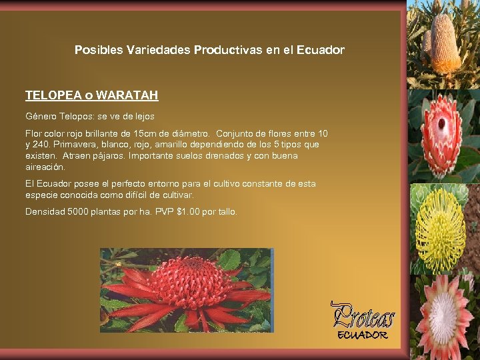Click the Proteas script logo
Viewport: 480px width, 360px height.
pos(363,315)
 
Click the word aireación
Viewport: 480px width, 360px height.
pos(45,167)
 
